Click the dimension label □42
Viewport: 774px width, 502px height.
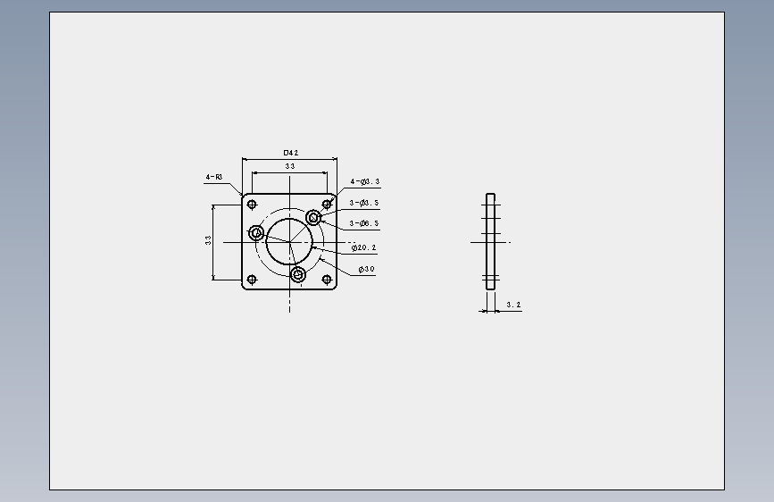[x=291, y=153]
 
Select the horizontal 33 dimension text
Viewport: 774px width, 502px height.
[x=290, y=166]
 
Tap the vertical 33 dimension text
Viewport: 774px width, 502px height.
[x=208, y=240]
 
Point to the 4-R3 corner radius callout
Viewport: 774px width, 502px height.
[x=214, y=177]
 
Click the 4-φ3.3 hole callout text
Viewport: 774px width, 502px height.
[x=365, y=181]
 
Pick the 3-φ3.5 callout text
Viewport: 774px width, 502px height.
[x=364, y=203]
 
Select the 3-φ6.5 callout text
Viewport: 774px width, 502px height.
[x=364, y=223]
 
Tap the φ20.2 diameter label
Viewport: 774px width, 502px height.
[x=364, y=247]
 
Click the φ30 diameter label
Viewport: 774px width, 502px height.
[x=366, y=269]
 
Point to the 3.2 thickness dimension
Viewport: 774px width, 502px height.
[x=513, y=305]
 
